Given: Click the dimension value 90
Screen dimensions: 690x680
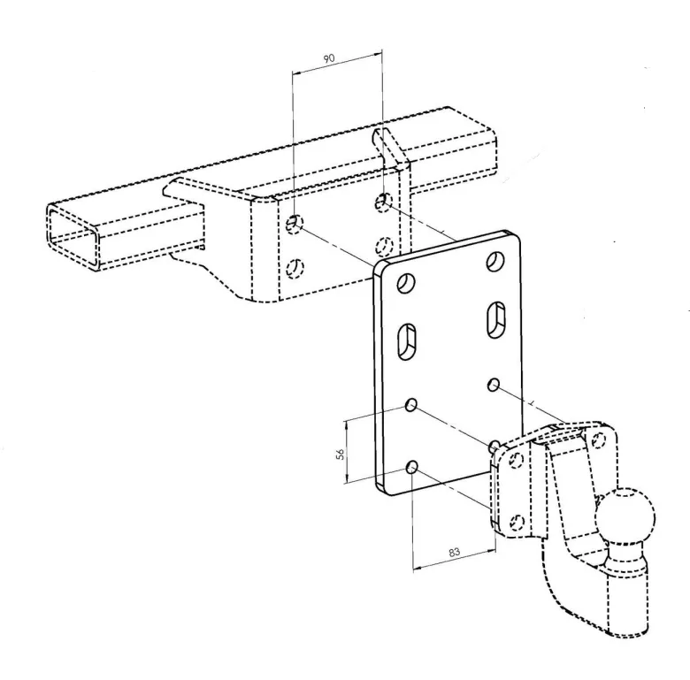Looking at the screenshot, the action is (329, 58).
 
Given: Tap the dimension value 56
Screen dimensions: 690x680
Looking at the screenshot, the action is (341, 455).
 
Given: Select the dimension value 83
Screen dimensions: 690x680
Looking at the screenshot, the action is (454, 552).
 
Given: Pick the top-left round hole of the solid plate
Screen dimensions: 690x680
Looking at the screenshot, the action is (407, 283).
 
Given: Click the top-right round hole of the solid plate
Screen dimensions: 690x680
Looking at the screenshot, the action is (495, 261).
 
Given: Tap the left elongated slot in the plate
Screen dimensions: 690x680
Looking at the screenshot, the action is (408, 342).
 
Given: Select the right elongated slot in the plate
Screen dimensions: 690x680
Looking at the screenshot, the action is (496, 320).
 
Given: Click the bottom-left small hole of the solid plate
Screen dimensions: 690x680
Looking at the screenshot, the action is (412, 467).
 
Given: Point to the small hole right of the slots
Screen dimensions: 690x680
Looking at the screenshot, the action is (494, 385).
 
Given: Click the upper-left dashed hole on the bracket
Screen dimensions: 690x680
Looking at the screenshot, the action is (295, 225).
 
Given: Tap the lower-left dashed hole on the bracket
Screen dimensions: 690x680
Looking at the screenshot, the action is (295, 268).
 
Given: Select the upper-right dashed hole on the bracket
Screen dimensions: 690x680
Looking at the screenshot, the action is (384, 202).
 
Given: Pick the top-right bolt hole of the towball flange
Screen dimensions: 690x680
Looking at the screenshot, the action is (598, 439).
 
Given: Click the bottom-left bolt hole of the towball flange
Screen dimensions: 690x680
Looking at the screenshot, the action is (517, 522).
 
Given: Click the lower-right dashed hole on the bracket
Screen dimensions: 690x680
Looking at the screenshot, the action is (384, 246).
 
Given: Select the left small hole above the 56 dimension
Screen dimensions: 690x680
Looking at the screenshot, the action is (411, 405).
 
